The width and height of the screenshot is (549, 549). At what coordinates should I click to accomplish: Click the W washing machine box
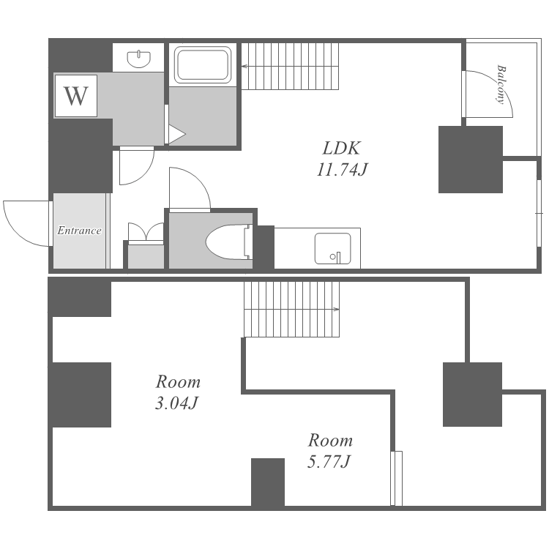(x=75, y=96)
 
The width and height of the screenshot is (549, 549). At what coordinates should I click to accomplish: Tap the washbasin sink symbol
(x=139, y=59)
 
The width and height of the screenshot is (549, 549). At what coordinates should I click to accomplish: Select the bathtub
(x=203, y=64)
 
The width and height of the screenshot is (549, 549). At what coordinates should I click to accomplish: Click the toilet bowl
(x=228, y=242)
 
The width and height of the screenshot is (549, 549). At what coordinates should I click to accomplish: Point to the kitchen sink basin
(x=332, y=248)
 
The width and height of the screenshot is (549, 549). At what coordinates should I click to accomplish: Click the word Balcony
(x=501, y=84)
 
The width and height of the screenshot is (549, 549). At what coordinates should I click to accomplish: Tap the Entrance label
(x=80, y=231)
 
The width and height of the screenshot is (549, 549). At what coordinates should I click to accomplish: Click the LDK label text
(x=341, y=148)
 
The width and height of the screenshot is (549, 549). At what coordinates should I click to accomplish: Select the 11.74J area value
(x=342, y=170)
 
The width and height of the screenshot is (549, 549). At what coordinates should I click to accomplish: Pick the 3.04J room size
(x=177, y=403)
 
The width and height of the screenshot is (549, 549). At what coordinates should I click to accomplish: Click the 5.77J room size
(x=329, y=461)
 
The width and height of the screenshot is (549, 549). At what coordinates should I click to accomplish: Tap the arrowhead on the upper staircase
(x=244, y=65)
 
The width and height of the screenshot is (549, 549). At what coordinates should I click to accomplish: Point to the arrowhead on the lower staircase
(x=337, y=309)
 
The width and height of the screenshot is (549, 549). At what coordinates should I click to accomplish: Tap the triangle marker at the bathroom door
(x=177, y=134)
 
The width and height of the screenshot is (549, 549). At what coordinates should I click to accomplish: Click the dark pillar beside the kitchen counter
(x=264, y=247)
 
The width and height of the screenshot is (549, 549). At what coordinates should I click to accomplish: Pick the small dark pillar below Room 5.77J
(x=268, y=482)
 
